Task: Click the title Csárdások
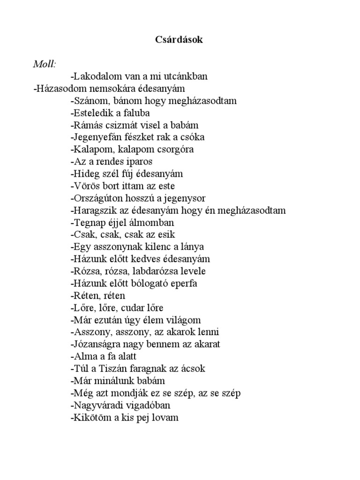(180, 40)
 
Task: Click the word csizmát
(117, 125)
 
